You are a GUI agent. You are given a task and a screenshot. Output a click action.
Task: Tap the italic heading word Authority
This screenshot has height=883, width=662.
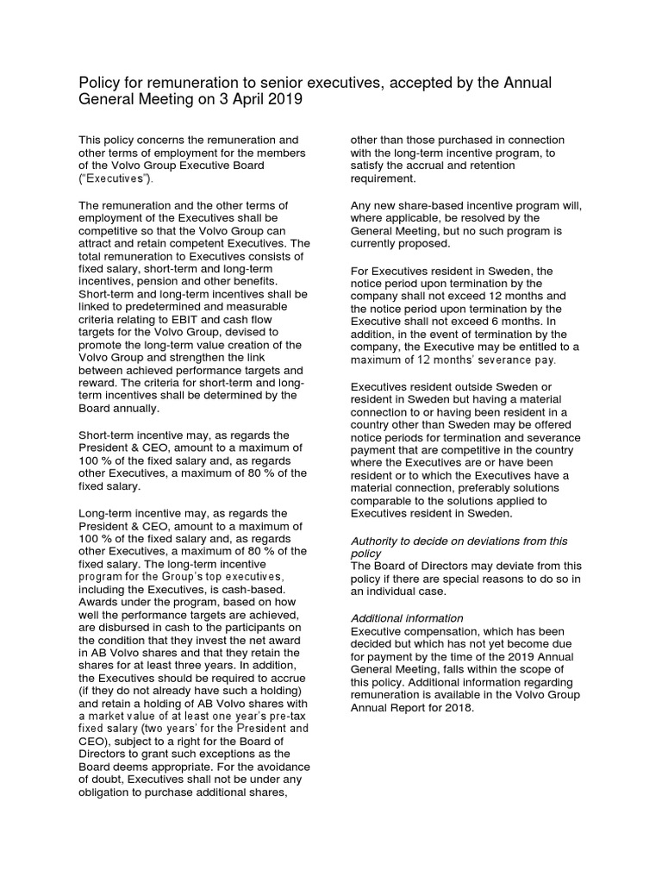point(377,541)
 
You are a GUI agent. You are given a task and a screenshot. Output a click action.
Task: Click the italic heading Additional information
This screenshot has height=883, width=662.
point(407,618)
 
